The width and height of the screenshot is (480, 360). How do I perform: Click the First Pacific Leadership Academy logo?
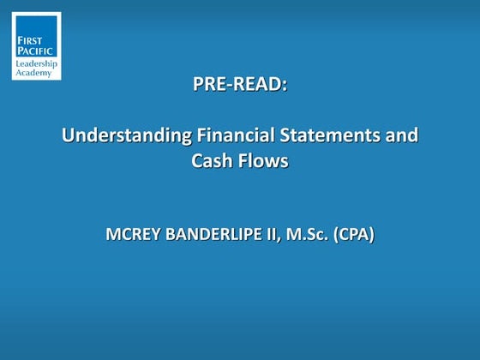36,45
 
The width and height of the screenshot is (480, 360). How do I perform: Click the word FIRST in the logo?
30,29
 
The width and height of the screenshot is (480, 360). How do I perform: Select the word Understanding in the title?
117,135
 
